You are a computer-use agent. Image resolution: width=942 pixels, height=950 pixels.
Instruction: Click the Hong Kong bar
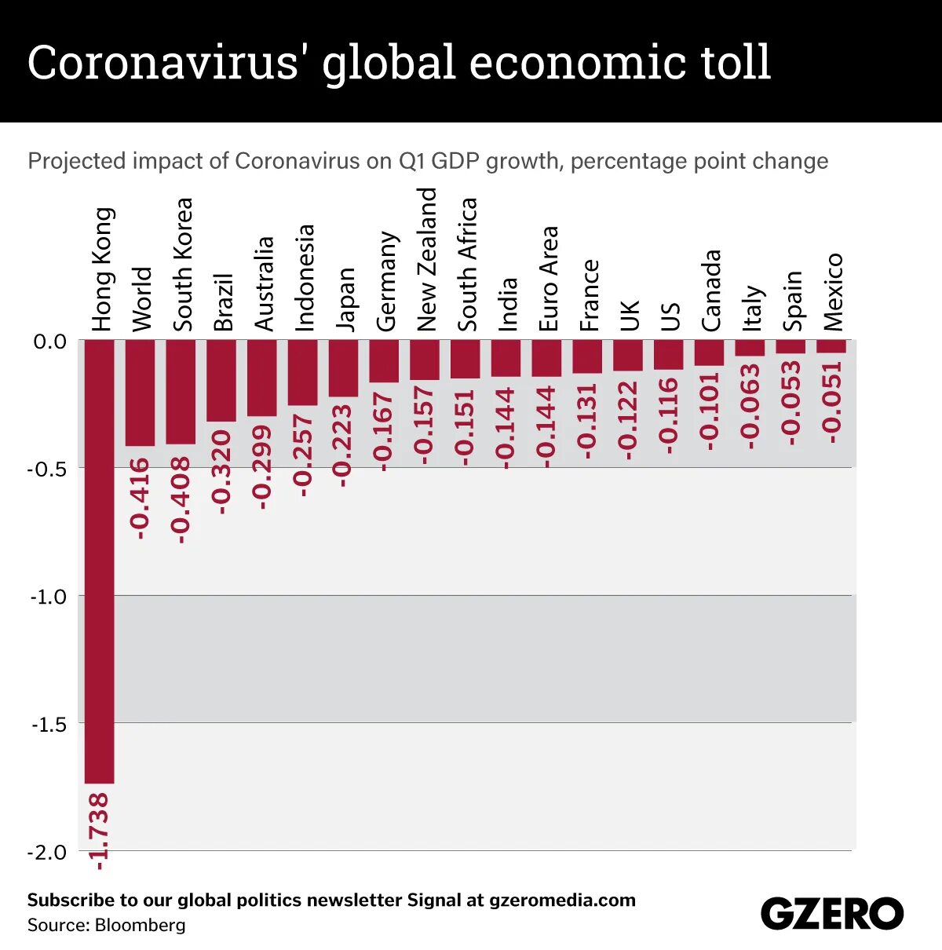click(100, 561)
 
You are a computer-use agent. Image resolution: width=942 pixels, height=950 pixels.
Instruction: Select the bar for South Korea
click(181, 392)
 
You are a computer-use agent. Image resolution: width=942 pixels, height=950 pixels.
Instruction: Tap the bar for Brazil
click(221, 381)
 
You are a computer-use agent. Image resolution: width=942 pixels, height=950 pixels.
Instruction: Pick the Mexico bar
click(831, 346)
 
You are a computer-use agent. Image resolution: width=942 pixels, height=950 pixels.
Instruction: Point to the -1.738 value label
click(100, 831)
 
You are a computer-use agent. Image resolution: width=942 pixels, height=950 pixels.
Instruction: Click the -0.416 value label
click(141, 498)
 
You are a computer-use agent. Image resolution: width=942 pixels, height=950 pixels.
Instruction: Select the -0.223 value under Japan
click(343, 445)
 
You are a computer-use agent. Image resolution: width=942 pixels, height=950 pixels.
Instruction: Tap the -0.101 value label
click(709, 411)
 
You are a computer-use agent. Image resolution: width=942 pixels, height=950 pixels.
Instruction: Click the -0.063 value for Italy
click(750, 406)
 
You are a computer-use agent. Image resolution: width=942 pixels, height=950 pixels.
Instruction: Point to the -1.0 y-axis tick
click(49, 597)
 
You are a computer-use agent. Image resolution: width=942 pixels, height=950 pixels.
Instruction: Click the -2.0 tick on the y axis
click(49, 853)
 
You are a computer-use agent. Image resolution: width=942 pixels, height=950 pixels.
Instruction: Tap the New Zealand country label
click(426, 259)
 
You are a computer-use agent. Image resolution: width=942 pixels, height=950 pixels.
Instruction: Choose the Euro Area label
click(548, 278)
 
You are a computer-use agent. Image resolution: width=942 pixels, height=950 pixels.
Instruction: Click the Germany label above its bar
click(385, 281)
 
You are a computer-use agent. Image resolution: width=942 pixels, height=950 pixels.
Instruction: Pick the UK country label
click(630, 315)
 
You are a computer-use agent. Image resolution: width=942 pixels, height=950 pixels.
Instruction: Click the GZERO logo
click(831, 914)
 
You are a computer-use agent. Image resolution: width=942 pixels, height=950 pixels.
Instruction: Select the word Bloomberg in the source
click(140, 925)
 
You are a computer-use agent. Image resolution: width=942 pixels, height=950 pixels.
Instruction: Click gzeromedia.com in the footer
click(562, 900)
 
